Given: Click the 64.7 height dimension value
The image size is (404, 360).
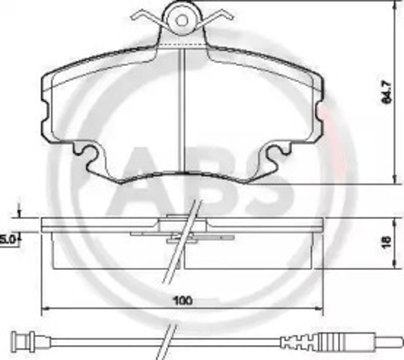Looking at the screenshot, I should coord(386,91).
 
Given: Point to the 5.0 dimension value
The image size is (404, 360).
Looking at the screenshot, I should coord(8,238).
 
